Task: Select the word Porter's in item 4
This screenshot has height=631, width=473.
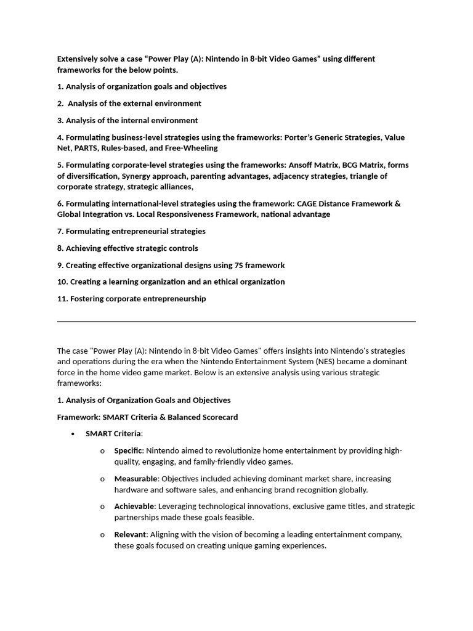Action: click(299, 137)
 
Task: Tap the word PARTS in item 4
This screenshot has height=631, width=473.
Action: click(86, 149)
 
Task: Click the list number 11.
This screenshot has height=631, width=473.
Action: click(62, 299)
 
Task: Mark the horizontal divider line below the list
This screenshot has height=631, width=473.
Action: click(236, 321)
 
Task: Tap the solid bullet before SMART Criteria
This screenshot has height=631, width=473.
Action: click(73, 434)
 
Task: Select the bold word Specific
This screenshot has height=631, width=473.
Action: click(128, 450)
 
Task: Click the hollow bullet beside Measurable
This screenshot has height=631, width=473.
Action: click(102, 479)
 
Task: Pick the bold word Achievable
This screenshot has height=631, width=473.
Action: click(134, 507)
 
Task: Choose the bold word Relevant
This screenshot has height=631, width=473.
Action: click(130, 535)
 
